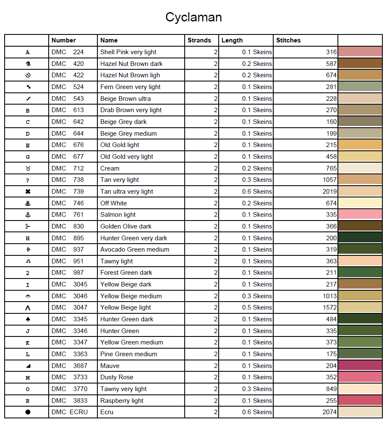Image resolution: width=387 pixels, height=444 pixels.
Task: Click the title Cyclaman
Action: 193,17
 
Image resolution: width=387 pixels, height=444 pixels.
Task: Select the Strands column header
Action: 199,40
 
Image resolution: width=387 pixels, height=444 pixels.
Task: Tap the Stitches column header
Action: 288,40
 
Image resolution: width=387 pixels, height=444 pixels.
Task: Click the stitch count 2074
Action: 329,412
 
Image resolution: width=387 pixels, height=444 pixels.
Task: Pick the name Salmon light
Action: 118,215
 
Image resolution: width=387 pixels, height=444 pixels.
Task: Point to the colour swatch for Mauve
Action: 360,365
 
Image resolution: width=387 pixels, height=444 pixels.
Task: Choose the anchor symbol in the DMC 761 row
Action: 28,215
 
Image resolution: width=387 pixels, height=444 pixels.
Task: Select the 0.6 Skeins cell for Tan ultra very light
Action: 257,192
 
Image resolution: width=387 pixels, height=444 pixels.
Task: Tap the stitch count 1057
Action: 329,180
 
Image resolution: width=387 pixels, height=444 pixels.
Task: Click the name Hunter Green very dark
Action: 133,238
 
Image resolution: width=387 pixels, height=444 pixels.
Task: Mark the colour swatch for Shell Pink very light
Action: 360,52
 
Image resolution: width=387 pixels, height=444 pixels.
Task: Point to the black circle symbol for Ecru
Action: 28,412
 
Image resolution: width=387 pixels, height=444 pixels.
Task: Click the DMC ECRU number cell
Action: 69,412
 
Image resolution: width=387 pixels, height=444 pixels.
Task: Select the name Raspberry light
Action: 122,401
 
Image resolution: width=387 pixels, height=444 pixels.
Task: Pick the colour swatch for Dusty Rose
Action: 360,377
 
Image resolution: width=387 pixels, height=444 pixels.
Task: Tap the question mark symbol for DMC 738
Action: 28,180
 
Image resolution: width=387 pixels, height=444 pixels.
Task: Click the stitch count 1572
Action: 329,307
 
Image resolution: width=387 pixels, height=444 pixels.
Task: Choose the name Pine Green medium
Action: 128,354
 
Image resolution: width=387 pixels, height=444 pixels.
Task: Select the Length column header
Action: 232,40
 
